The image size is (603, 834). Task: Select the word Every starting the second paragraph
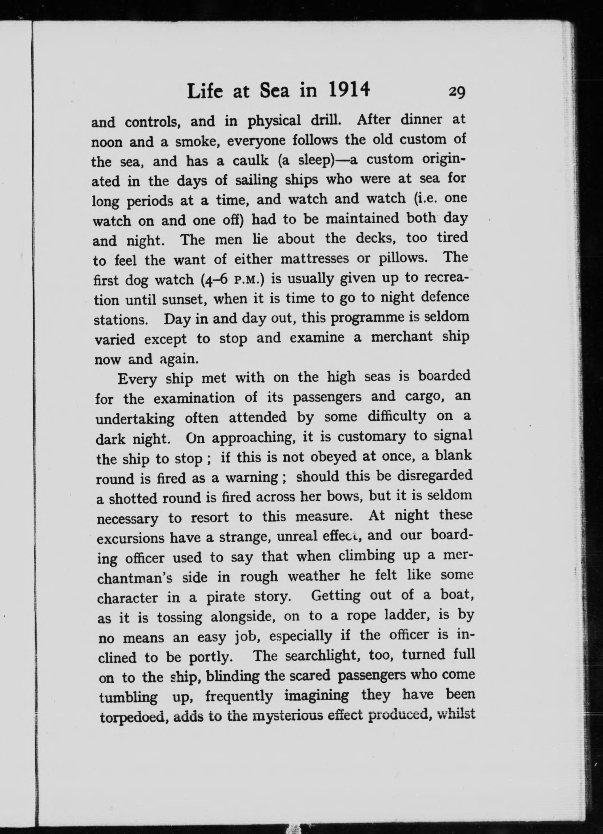pos(137,379)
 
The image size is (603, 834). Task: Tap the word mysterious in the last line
pos(286,716)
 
